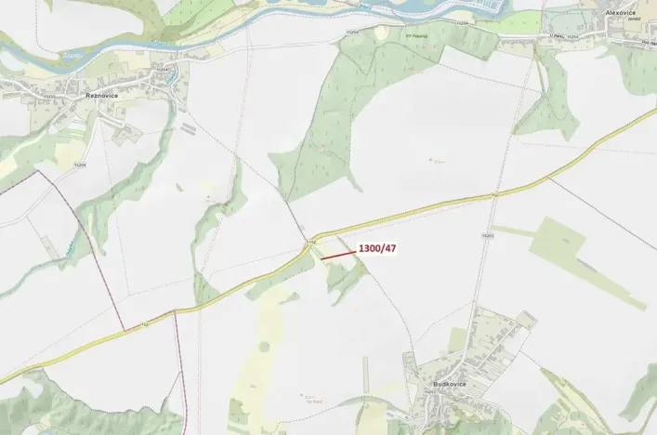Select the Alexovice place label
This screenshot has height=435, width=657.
[x=620, y=12]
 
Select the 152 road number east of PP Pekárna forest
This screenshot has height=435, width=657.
[x=494, y=194]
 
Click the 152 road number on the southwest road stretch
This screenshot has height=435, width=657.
[x=144, y=323]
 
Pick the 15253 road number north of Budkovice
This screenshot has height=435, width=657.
[x=486, y=237]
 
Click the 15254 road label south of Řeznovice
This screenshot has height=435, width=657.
[x=80, y=165]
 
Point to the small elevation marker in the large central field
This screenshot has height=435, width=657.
[x=433, y=160]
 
